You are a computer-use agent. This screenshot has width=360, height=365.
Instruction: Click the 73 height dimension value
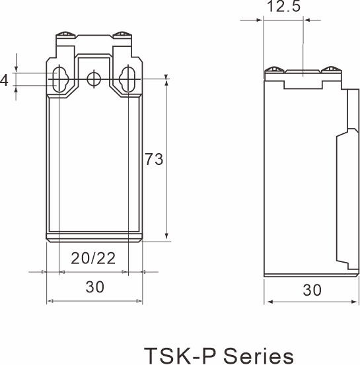[155, 159]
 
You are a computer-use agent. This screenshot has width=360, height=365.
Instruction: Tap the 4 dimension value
[5, 81]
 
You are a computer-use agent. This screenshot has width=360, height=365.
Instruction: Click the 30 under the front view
[94, 288]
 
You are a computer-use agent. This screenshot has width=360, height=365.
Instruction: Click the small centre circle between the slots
[94, 79]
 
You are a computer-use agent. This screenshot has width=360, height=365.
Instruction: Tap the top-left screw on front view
[65, 34]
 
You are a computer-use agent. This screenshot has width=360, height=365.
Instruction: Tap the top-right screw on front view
[122, 34]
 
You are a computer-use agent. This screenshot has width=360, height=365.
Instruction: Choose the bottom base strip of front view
[94, 238]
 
